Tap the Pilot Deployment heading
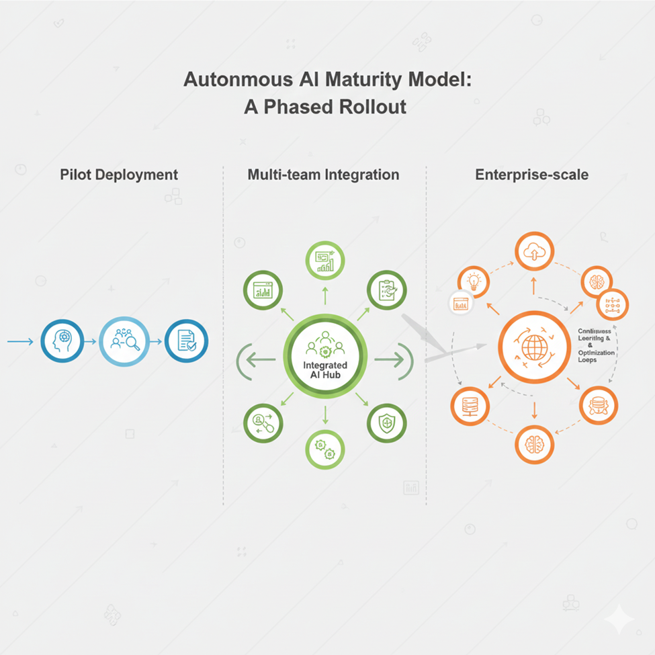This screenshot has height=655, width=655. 119,175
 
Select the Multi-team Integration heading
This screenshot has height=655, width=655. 323,175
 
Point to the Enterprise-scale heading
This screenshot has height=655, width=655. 531,175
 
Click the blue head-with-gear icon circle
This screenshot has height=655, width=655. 62,341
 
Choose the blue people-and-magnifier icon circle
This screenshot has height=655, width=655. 124,341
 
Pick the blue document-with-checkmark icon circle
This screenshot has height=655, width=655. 186,341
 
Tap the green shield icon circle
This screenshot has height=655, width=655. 386,423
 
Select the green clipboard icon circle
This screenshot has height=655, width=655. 386,290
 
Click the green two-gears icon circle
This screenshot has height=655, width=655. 325,449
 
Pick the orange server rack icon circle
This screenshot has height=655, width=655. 470,405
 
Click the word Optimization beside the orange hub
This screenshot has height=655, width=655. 595,353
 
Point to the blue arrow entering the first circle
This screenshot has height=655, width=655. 20,342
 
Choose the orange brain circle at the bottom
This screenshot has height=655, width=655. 535,444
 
